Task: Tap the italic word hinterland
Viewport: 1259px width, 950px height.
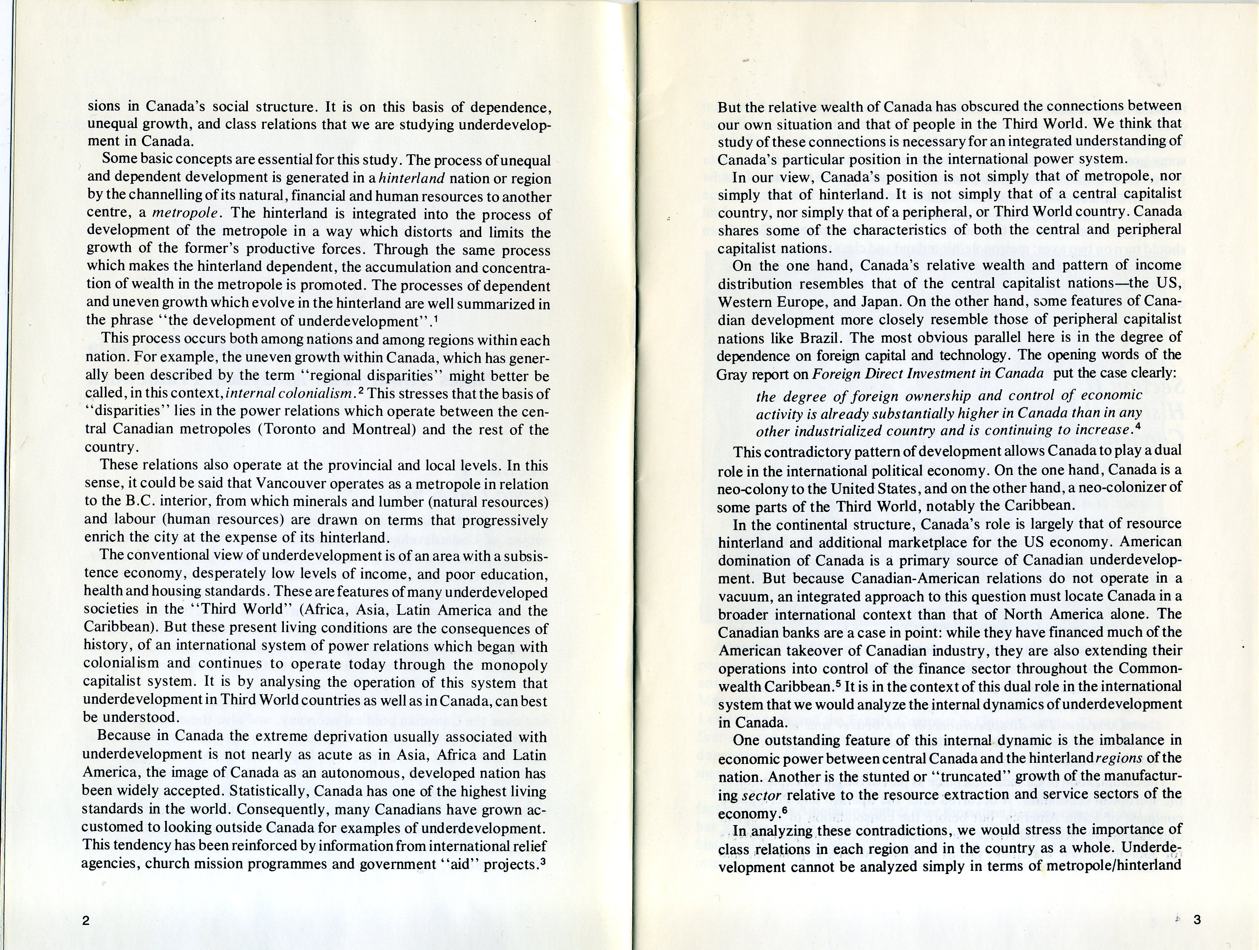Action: coord(411,178)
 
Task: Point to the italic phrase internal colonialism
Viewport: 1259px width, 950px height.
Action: coord(290,393)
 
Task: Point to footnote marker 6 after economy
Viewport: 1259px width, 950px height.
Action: coord(785,809)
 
